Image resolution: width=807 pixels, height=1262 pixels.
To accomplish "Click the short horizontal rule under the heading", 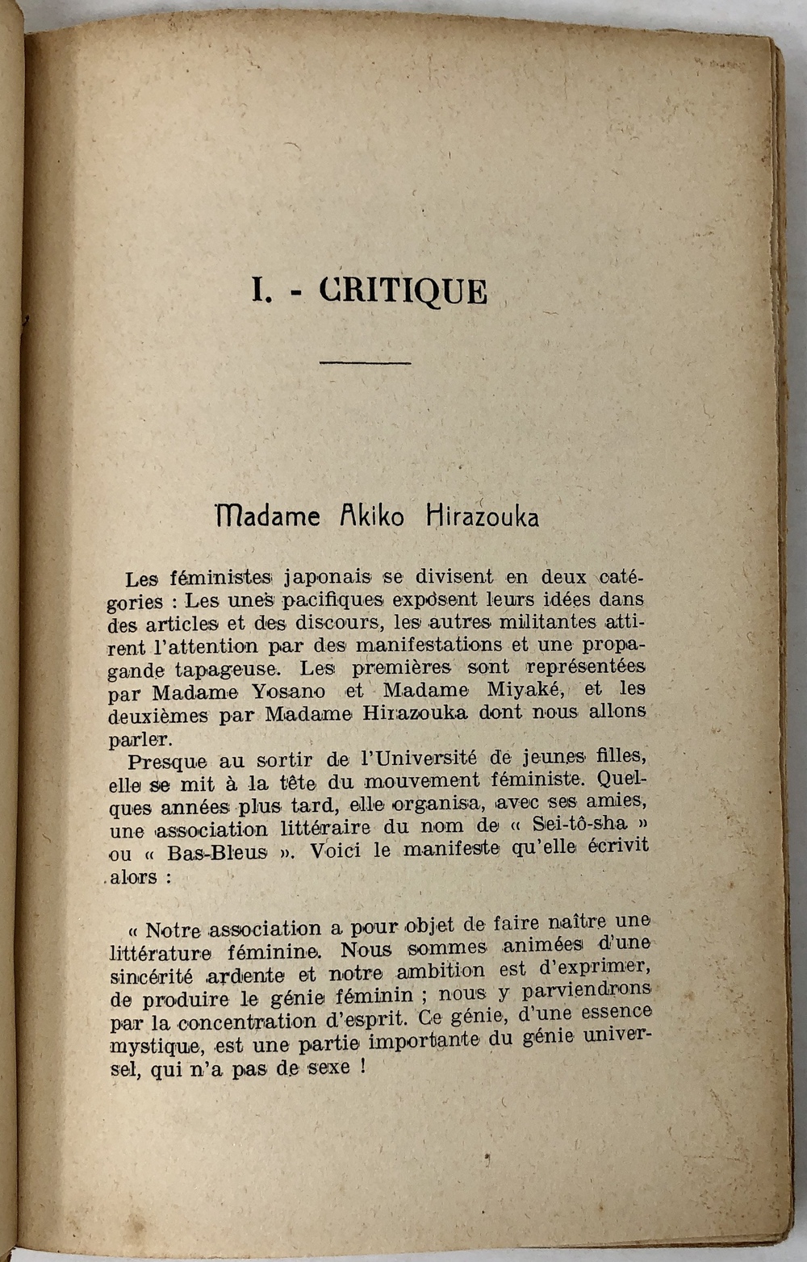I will coord(366,362).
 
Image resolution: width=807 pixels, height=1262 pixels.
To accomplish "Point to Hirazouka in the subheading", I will coord(483,516).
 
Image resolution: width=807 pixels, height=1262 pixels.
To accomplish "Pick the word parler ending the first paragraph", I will coord(138,738).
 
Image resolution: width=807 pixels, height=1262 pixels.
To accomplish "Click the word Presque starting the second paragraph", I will coord(168,761).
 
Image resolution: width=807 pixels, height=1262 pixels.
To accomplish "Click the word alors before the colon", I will coord(134,877).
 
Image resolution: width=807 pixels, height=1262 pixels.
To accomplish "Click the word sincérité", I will coord(150,976).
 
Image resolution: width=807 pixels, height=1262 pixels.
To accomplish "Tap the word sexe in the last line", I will coord(326,1067).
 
